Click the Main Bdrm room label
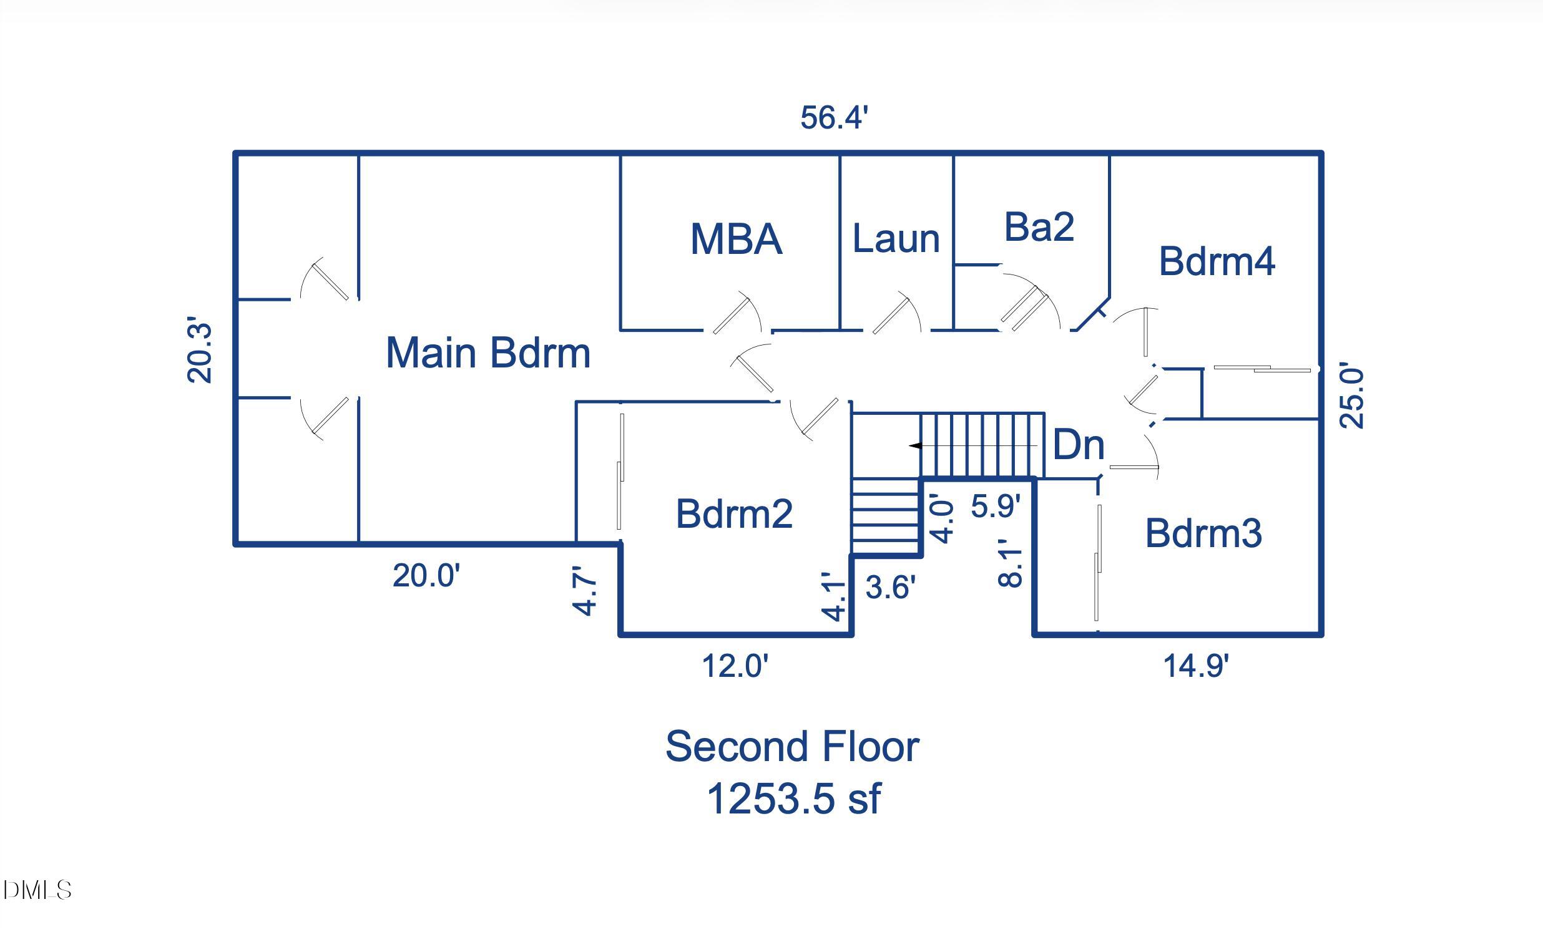488,353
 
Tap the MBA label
736,239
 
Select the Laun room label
896,239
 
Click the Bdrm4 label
1216,261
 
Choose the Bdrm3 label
1203,533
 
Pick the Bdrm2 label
734,514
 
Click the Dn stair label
1079,445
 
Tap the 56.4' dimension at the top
834,118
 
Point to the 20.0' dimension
426,575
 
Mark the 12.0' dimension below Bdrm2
735,666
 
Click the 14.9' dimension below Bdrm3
1195,666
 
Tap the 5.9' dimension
996,506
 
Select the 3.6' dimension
891,587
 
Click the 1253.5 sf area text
793,799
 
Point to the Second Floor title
792,746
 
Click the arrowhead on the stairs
916,445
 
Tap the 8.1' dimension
1009,563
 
